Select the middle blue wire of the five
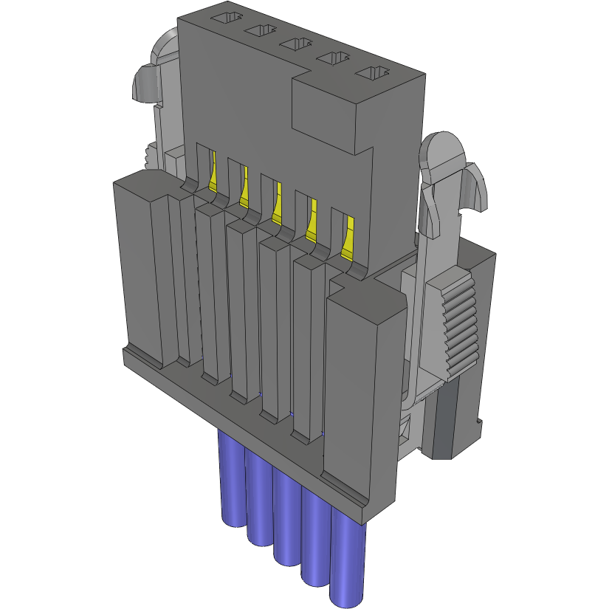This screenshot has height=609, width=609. click(287, 517)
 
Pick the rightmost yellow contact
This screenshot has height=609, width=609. click(346, 240)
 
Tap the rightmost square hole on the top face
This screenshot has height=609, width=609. click(372, 73)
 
